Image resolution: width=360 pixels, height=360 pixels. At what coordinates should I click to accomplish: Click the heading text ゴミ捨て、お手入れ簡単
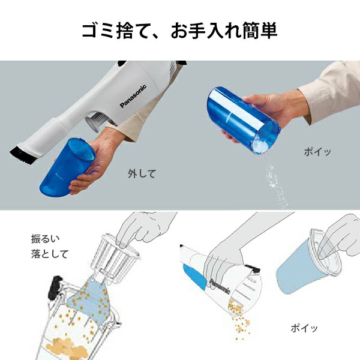tap(179, 31)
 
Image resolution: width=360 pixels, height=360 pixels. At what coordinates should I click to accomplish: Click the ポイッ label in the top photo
tap(316, 152)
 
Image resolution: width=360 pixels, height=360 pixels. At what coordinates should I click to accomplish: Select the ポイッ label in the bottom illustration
tap(304, 328)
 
